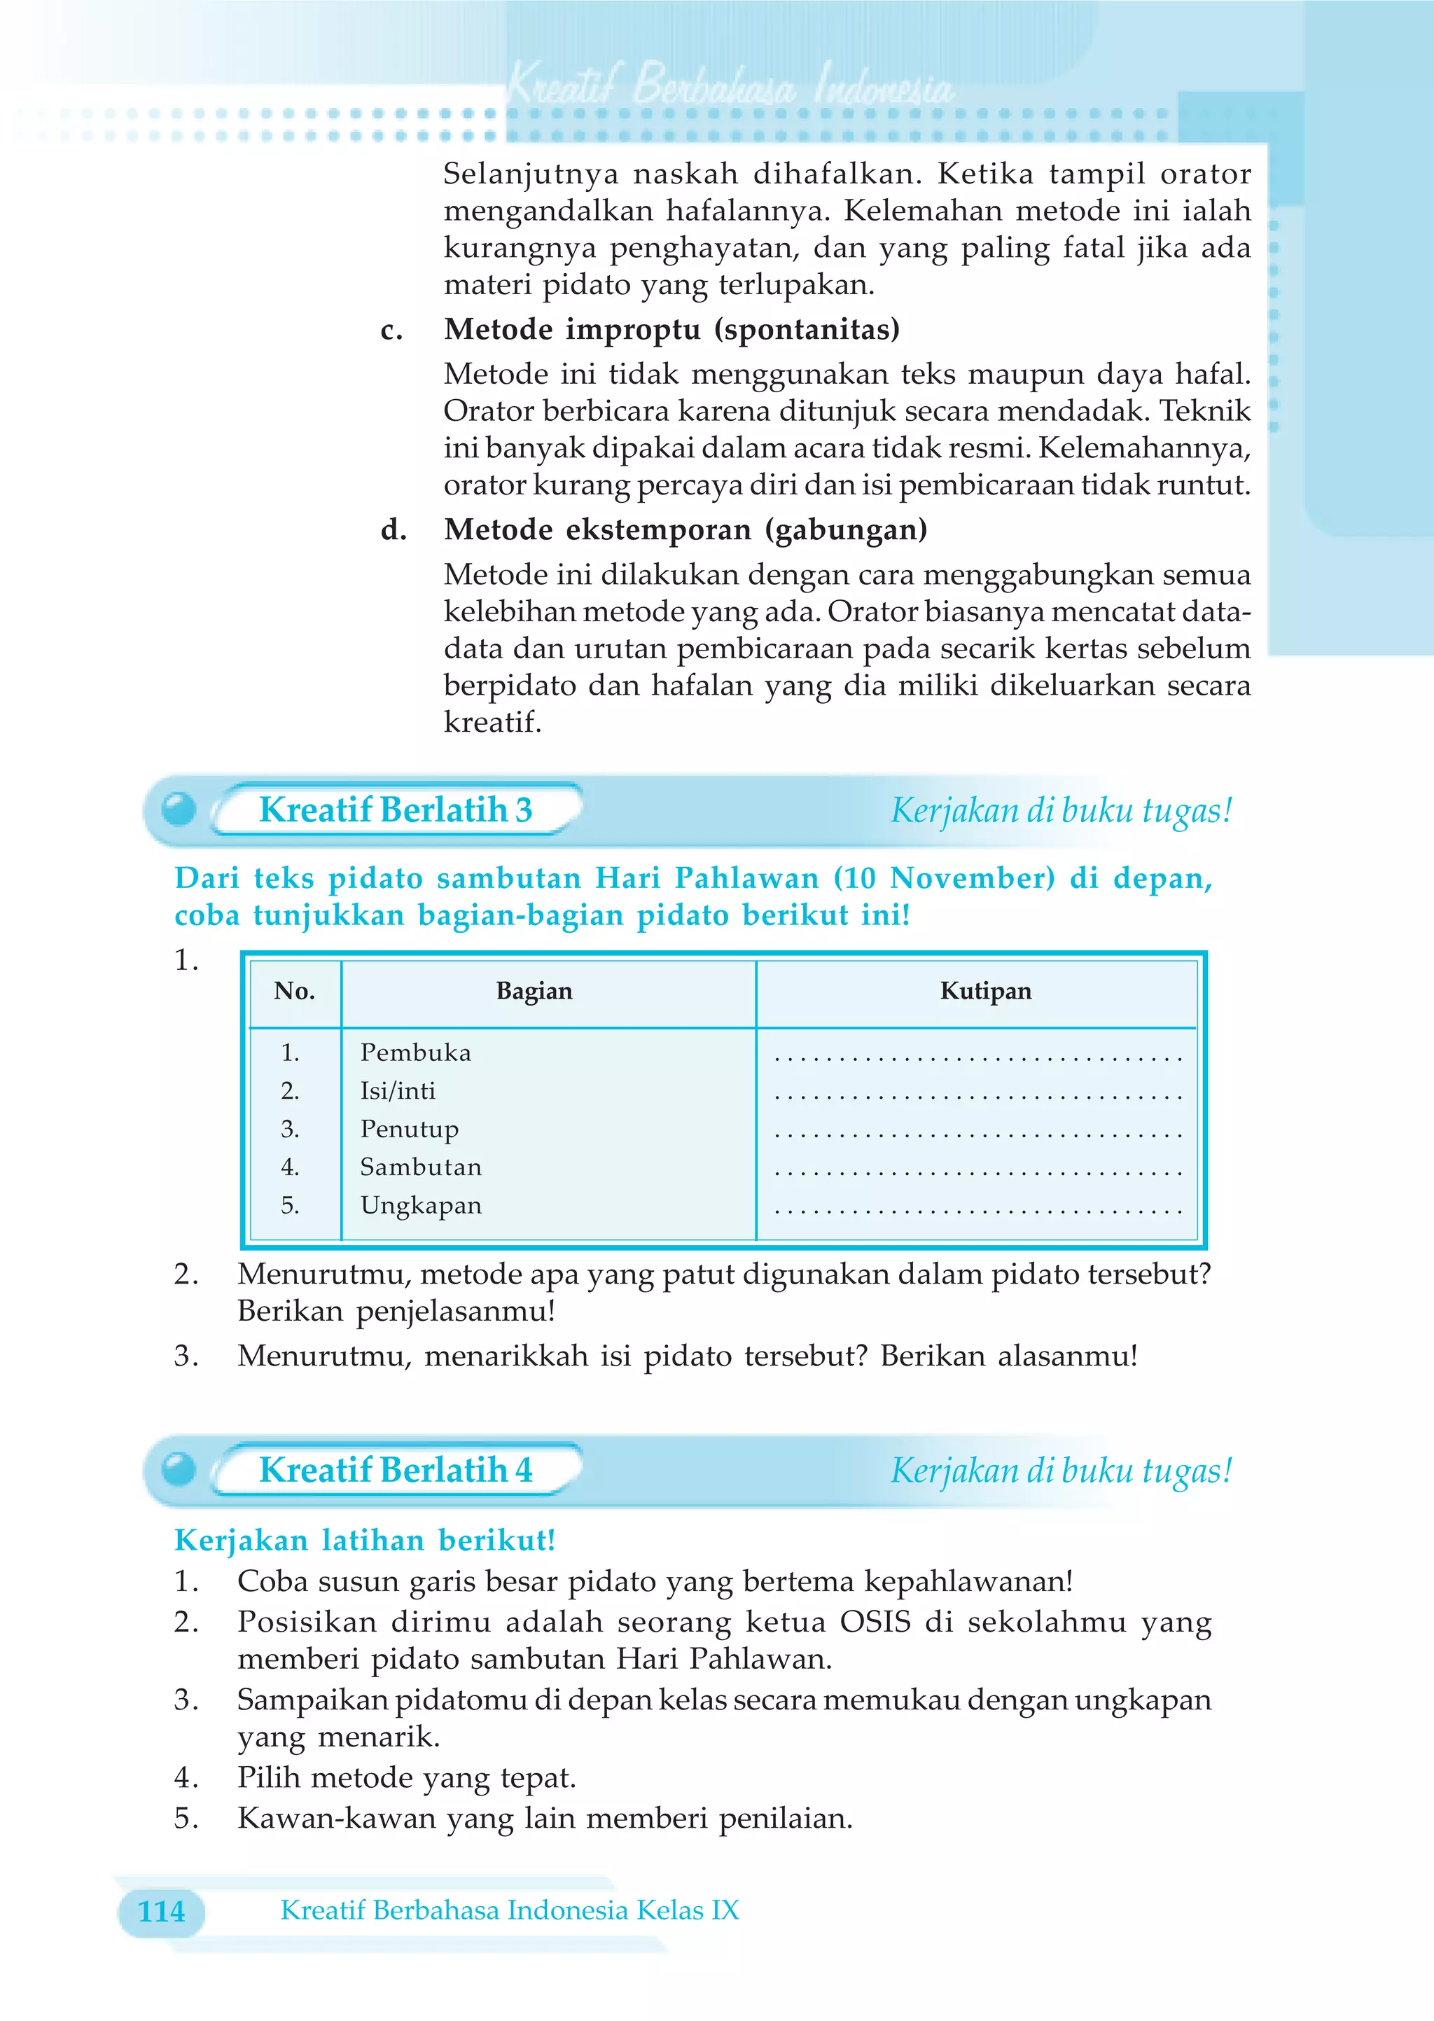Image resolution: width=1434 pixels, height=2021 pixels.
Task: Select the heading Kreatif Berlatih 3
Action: tap(395, 810)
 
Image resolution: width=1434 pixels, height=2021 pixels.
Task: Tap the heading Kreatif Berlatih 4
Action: tap(395, 1470)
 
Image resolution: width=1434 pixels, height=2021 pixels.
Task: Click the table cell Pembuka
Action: tap(415, 1053)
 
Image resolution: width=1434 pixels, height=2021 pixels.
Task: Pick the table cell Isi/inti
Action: tap(397, 1091)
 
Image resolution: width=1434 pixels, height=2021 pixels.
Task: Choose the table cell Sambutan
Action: tap(420, 1167)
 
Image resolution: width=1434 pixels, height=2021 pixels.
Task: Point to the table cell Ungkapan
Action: tap(420, 1206)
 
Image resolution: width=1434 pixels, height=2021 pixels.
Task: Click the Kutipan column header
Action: tap(985, 991)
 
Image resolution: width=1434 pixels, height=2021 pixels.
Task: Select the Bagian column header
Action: tap(534, 991)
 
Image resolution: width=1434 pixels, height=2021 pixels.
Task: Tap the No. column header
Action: tap(294, 991)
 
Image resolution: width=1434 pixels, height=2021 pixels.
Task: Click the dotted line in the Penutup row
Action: tap(977, 1135)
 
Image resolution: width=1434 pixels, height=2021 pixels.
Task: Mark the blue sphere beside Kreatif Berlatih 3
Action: tap(179, 809)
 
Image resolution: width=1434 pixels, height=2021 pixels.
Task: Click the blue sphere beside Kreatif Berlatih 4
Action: tap(179, 1469)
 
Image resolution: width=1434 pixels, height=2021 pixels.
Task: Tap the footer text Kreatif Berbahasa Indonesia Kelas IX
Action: tap(510, 1910)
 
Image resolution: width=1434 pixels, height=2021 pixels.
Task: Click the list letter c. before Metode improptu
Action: tap(391, 331)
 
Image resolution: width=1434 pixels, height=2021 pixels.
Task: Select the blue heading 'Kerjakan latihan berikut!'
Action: tap(365, 1540)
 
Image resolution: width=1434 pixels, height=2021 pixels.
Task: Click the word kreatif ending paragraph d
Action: tap(492, 722)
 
